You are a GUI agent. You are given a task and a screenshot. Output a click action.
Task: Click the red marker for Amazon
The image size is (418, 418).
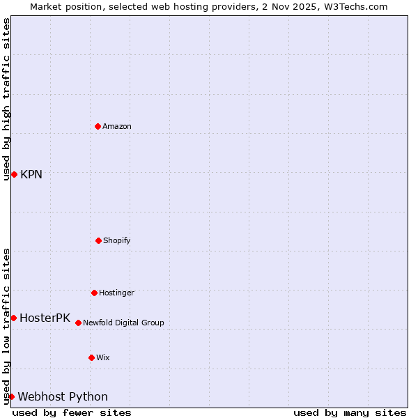[x=98, y=126]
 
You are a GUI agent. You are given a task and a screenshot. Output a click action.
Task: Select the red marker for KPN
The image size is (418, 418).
[x=14, y=174]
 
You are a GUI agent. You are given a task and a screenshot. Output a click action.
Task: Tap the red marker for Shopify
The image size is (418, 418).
[x=98, y=240]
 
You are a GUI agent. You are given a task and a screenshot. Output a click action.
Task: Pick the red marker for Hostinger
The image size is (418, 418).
[x=94, y=293]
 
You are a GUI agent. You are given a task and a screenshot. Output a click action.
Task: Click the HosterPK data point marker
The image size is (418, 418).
[x=13, y=318]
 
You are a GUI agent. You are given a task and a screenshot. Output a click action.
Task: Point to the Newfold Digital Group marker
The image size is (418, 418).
[x=78, y=323]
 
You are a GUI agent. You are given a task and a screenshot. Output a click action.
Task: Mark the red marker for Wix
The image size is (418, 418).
[x=91, y=357]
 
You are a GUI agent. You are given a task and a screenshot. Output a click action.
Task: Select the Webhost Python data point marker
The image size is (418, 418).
[x=11, y=396]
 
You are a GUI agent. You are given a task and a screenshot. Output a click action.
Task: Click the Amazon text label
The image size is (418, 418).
[x=117, y=126]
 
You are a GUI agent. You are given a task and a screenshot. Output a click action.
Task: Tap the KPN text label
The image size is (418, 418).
[x=31, y=174]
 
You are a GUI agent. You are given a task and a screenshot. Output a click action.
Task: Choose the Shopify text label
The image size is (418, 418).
[x=117, y=240]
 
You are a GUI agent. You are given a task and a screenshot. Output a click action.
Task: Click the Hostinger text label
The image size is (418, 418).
[x=116, y=293]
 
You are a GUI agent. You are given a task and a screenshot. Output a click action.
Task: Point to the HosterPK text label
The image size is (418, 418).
[x=45, y=318]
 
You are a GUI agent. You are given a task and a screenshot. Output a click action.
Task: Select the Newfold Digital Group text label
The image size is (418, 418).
[x=123, y=323]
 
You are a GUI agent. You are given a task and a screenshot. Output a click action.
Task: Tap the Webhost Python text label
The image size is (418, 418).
[x=63, y=396]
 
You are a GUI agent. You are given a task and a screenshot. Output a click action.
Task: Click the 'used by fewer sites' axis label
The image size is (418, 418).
[x=72, y=412]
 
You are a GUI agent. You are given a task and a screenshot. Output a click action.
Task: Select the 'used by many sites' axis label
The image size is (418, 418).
[x=350, y=412]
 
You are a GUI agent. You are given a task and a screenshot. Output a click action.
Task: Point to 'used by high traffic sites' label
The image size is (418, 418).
[x=6, y=99]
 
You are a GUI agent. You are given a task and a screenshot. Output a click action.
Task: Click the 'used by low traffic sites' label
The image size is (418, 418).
[x=6, y=326]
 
